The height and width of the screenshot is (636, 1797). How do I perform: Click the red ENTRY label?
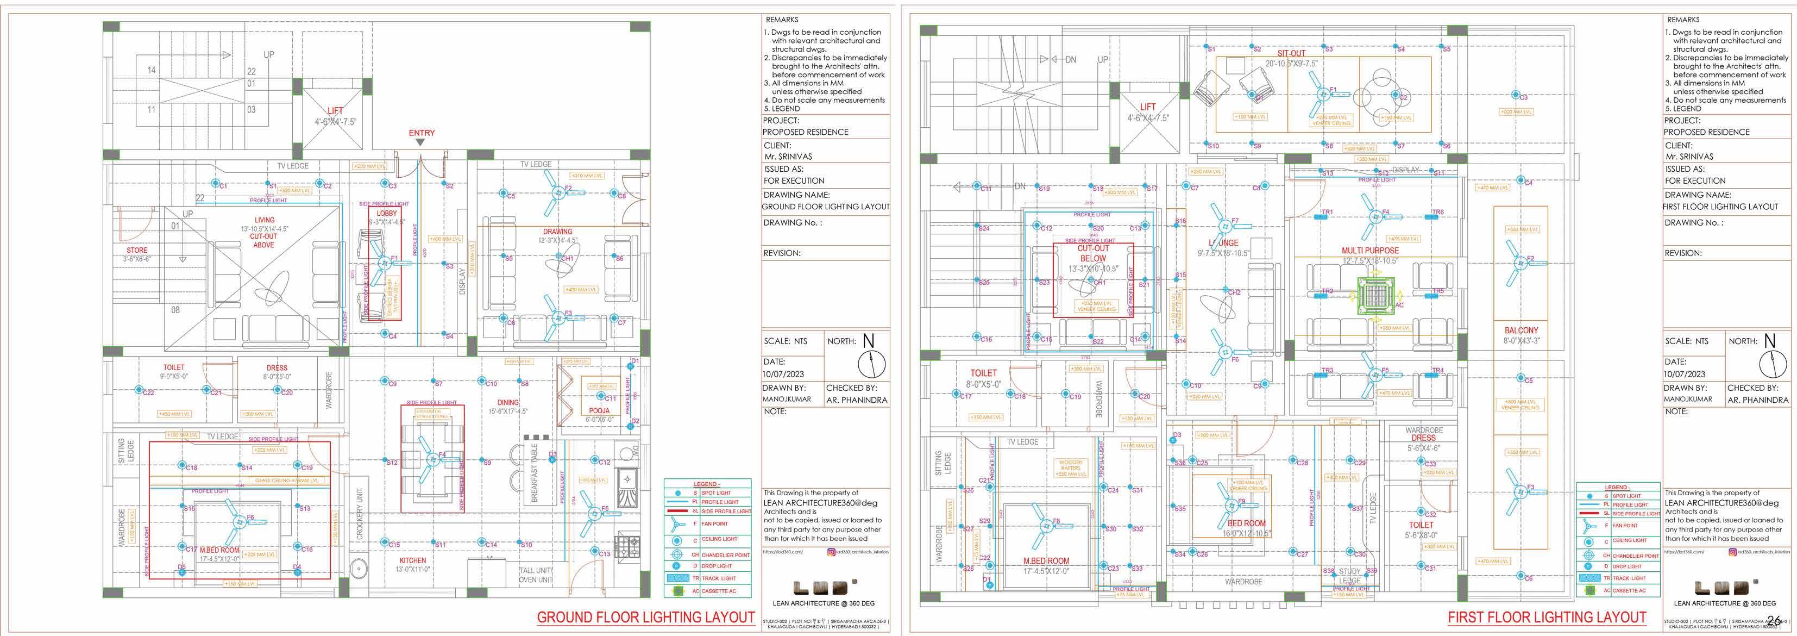422,133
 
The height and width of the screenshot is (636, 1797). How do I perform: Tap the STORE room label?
137,250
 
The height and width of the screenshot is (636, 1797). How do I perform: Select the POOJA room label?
599,410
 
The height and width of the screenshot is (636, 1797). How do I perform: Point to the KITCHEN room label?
412,560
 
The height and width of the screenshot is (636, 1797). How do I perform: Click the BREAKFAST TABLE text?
535,472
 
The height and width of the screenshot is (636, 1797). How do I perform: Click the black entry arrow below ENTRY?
420,142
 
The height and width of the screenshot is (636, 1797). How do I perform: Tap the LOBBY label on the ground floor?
386,213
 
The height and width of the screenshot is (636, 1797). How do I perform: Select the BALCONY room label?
1520,330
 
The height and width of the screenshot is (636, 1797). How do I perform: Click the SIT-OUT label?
1291,53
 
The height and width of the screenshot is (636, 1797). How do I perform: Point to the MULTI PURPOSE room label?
1370,250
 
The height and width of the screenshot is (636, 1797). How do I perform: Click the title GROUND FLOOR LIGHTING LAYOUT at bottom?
645,617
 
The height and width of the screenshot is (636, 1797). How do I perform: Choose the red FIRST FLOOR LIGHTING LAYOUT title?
1547,617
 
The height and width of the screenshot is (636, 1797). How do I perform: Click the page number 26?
1774,620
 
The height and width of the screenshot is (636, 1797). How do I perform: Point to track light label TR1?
1326,212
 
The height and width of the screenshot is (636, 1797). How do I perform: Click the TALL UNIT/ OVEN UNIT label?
535,575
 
